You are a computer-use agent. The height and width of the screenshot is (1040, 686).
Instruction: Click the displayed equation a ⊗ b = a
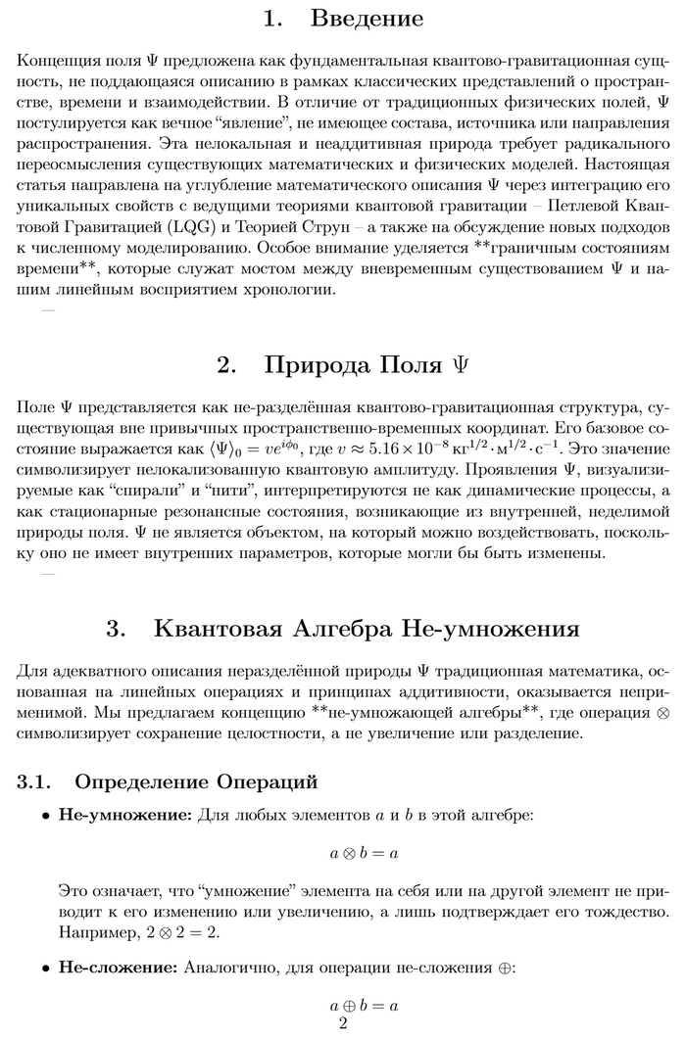pyautogui.click(x=364, y=853)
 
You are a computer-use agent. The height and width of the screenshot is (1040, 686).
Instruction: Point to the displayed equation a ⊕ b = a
pyautogui.click(x=364, y=1005)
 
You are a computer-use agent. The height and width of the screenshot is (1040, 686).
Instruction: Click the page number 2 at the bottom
pyautogui.click(x=343, y=1024)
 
